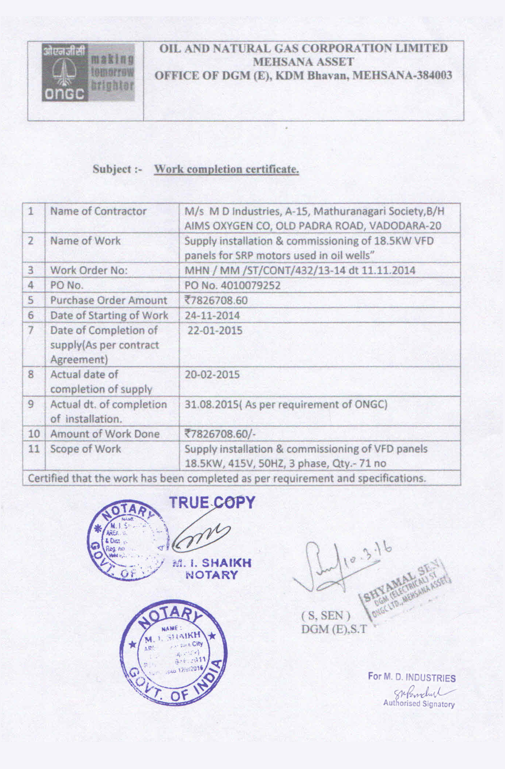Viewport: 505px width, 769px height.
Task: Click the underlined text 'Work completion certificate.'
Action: [x=226, y=169]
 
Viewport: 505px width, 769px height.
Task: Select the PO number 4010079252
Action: [x=233, y=286]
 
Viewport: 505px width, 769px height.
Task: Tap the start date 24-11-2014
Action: [x=212, y=315]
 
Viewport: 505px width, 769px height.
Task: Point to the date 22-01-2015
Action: [x=214, y=331]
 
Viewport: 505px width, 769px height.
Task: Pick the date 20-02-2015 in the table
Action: [x=212, y=375]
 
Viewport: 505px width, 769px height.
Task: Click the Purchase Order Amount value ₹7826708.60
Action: [x=216, y=301]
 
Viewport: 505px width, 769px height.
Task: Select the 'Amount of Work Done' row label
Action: [x=105, y=434]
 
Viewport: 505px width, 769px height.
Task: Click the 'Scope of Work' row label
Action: [x=86, y=449]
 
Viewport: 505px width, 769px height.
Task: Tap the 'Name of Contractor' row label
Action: [x=98, y=211]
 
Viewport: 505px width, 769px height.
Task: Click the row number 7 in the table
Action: [x=31, y=330]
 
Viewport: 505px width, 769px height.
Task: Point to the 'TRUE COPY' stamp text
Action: [x=212, y=503]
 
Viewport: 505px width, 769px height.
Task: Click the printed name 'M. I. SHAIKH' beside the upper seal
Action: [x=212, y=563]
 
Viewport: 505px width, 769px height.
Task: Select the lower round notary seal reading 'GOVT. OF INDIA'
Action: [x=173, y=651]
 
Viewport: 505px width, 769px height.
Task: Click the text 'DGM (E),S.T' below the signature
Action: [x=334, y=630]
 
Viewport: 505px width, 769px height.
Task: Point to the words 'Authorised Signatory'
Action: [x=418, y=704]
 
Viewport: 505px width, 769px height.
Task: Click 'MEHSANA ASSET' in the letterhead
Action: [x=303, y=62]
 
